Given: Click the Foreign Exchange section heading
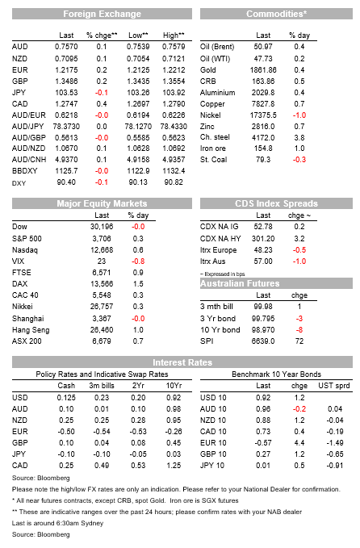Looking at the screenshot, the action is click(102, 14).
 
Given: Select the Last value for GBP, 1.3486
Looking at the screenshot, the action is click(66, 81).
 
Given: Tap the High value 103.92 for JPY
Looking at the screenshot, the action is click(174, 93).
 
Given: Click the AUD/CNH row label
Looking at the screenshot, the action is click(29, 160).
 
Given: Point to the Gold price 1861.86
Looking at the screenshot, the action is click(263, 70).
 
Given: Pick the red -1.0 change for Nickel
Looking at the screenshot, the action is click(299, 115).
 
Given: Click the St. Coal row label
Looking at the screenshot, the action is click(214, 160).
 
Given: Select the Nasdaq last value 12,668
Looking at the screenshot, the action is click(102, 250).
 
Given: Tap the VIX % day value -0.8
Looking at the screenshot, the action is click(138, 261).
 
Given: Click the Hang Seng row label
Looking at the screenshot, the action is click(31, 330).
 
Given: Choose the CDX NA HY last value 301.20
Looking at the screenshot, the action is click(263, 239).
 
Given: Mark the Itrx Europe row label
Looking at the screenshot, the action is click(219, 250).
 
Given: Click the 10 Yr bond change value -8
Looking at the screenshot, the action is click(299, 330).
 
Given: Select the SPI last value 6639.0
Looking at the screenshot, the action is click(263, 341).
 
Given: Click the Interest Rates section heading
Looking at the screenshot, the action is click(182, 362).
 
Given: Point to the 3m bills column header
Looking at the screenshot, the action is click(102, 386).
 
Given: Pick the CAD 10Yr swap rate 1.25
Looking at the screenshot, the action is click(174, 466).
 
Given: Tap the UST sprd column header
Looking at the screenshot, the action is click(334, 386).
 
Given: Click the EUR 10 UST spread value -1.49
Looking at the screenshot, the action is click(334, 443).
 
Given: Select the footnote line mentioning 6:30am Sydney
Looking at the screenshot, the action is click(57, 523).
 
